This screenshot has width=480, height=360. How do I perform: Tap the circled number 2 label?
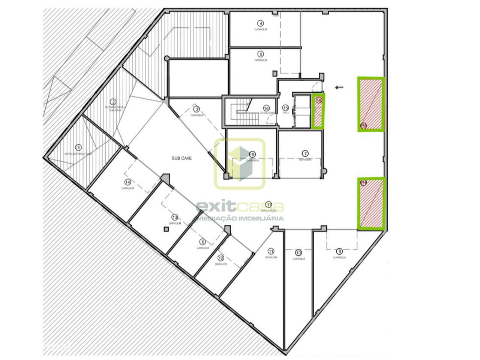(x=112, y=102)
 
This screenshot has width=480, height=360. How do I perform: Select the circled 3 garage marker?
(x=196, y=109)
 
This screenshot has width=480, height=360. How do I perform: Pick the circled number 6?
(x=203, y=242)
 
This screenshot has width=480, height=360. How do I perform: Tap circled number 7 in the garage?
(x=305, y=153)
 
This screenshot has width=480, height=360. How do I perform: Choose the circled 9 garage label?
(x=340, y=251)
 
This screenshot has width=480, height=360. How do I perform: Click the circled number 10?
(x=298, y=252)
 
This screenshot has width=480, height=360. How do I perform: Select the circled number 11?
(x=271, y=251)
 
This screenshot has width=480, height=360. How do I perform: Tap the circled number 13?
(x=174, y=217)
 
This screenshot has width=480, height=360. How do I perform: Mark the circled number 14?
(x=128, y=182)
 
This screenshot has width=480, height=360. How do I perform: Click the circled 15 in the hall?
(x=285, y=107)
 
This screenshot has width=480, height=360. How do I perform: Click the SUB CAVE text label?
(x=182, y=158)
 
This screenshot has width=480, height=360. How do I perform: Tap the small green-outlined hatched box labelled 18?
(x=319, y=111)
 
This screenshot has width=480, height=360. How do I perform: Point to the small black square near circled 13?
(x=165, y=229)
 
